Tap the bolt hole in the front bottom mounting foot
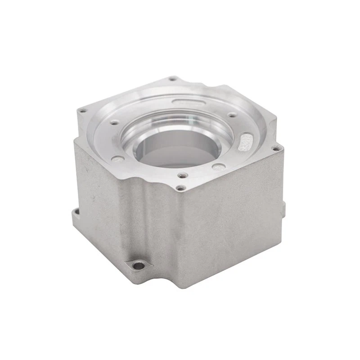tap(139, 265)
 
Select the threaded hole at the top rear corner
tap(172, 79)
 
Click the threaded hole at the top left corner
tap(81, 111)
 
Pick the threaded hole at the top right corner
tap(275, 148)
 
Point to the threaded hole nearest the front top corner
tap(180, 188)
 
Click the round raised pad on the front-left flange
tap(118, 158)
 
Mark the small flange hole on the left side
tap(114, 122)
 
